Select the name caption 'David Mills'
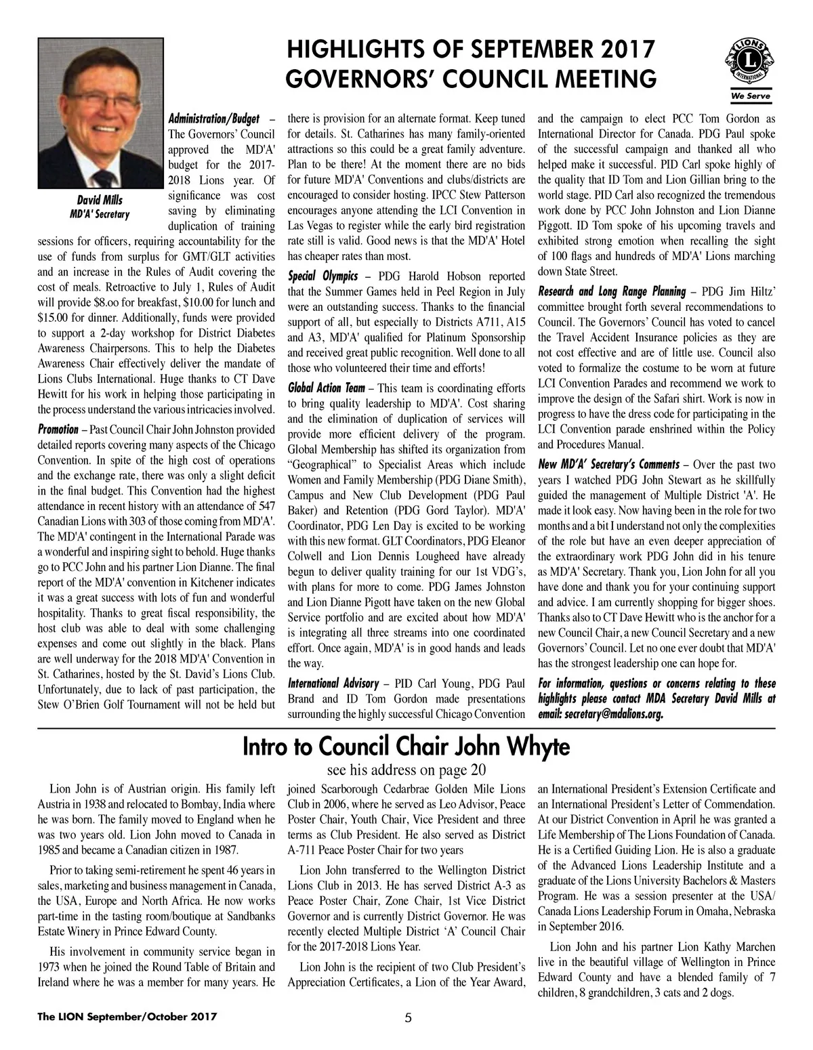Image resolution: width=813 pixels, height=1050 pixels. [x=99, y=199]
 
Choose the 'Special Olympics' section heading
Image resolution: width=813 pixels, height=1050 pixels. [x=321, y=276]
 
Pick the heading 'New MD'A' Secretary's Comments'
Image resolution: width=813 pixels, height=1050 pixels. [x=608, y=465]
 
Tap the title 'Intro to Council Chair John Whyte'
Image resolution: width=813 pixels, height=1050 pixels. [x=406, y=747]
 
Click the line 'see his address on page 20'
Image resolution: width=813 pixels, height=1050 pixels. [x=406, y=770]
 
